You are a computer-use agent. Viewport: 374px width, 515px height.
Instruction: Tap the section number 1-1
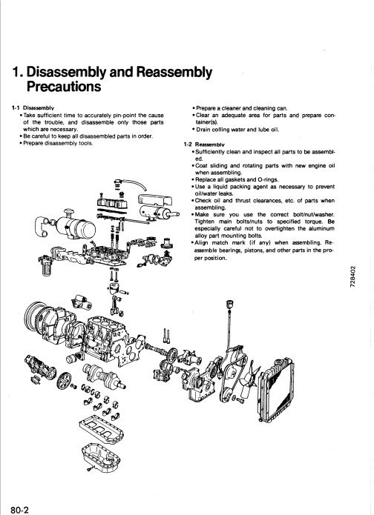click(x=10, y=107)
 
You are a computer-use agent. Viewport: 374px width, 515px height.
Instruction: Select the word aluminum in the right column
click(x=324, y=227)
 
